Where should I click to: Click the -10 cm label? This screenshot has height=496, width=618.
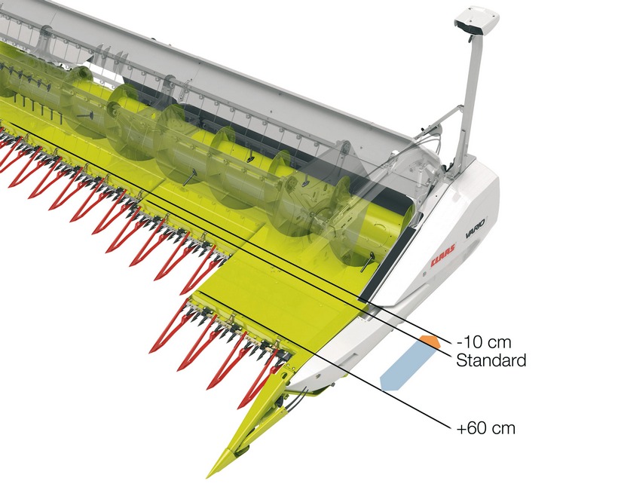(x=484, y=341)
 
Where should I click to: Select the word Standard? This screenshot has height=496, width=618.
(x=491, y=360)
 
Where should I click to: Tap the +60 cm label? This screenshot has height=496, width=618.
(x=485, y=428)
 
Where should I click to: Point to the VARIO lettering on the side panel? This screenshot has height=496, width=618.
(x=476, y=228)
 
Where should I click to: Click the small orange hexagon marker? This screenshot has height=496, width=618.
(x=430, y=341)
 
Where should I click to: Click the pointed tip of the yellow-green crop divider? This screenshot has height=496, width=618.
(x=209, y=476)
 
